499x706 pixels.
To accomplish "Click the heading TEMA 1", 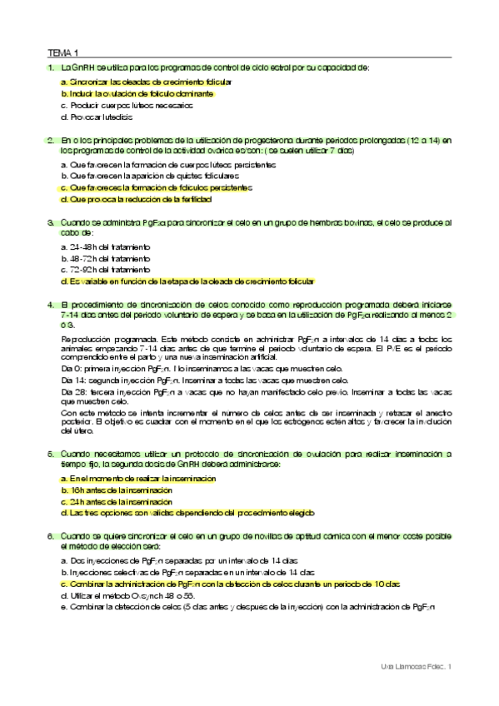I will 62,52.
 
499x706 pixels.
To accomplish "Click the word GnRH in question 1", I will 83,67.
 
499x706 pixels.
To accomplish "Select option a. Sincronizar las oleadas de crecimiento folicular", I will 146,82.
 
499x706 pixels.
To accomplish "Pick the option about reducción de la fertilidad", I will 130,200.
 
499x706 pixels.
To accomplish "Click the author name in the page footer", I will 414,667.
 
